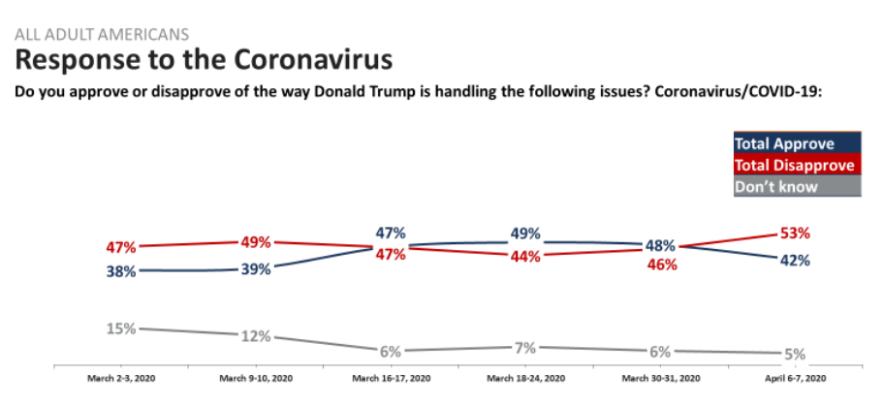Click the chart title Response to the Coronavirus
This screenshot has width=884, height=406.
click(x=204, y=60)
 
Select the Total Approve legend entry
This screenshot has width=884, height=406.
click(x=786, y=144)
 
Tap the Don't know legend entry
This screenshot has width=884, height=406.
click(x=778, y=186)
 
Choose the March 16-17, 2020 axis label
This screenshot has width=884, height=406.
click(x=392, y=378)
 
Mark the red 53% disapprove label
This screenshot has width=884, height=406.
click(x=794, y=234)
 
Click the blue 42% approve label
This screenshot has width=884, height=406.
click(x=794, y=260)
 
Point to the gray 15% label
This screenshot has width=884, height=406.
click(x=122, y=328)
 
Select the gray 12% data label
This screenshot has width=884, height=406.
click(x=256, y=336)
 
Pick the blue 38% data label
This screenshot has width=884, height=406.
click(x=122, y=272)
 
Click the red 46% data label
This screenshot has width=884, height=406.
click(x=662, y=264)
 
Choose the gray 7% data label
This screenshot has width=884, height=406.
click(x=527, y=347)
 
